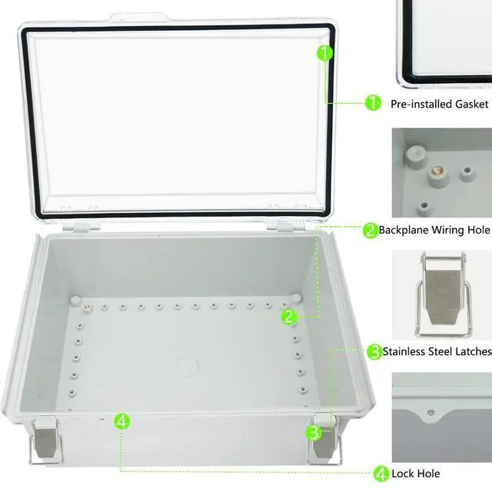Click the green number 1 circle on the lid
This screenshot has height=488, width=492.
pos(324,53)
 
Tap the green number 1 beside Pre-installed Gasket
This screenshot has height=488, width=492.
pos(373,102)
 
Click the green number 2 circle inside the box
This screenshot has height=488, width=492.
pos(289,317)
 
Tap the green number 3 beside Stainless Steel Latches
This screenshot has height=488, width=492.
pos(374,351)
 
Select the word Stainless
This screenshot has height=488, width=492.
pos(404,351)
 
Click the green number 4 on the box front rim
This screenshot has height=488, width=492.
pos(122,421)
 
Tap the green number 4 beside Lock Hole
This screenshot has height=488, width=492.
pos(381,473)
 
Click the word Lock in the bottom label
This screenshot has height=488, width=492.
pos(403,473)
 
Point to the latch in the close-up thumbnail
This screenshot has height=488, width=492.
pos(443,294)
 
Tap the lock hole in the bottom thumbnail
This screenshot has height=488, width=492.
pos(430,412)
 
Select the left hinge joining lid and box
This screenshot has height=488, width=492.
pos(81,226)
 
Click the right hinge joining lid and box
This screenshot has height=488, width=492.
pos(285,224)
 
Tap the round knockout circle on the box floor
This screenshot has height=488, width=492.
pos(188,366)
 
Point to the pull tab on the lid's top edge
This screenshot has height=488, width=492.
pos(140,17)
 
